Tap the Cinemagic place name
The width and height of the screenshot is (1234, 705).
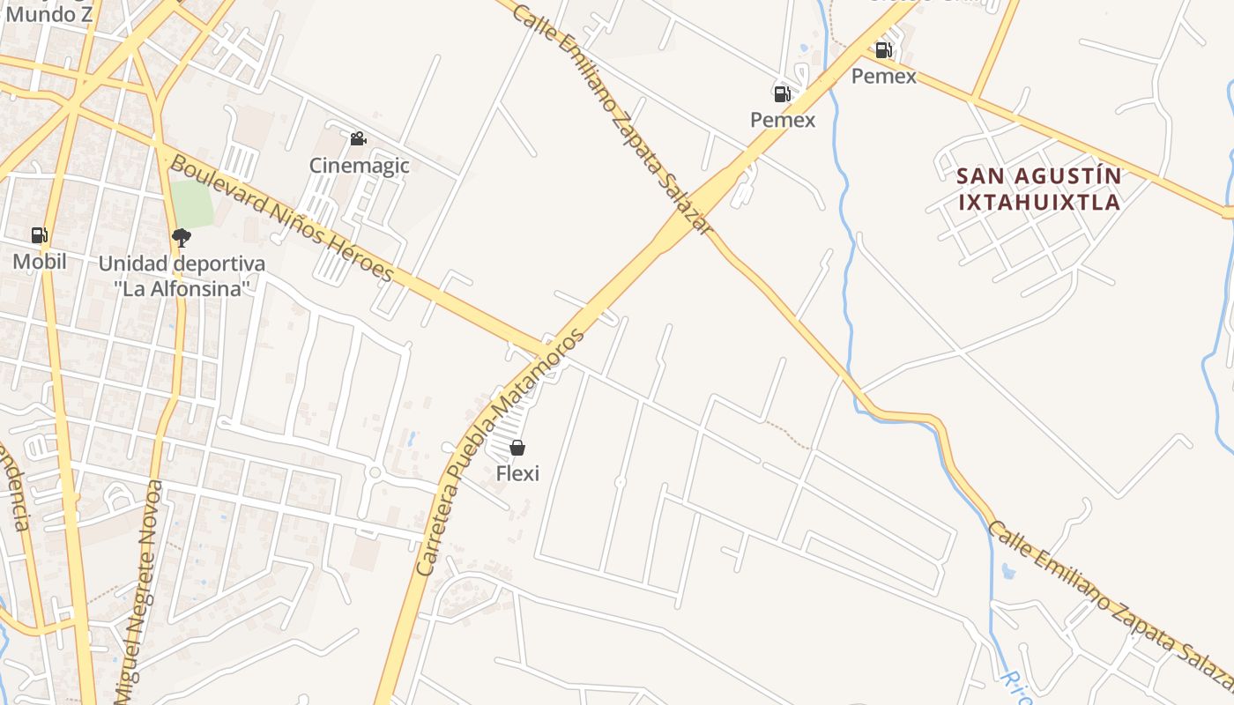point(359,165)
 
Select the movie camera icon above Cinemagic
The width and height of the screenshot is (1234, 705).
point(358,139)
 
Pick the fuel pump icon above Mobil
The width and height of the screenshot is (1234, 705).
point(39,235)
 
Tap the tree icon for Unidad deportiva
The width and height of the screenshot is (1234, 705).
point(182,237)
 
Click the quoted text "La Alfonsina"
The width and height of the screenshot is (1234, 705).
point(182,287)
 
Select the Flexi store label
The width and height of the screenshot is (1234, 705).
point(517,473)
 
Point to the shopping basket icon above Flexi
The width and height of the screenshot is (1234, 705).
point(517,448)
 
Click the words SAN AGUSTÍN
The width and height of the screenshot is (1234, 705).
point(1039,176)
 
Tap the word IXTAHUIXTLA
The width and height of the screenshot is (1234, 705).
point(1039,202)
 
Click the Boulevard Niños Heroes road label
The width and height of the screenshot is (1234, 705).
point(281,218)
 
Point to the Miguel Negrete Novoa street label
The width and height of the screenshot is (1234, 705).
point(141,590)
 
